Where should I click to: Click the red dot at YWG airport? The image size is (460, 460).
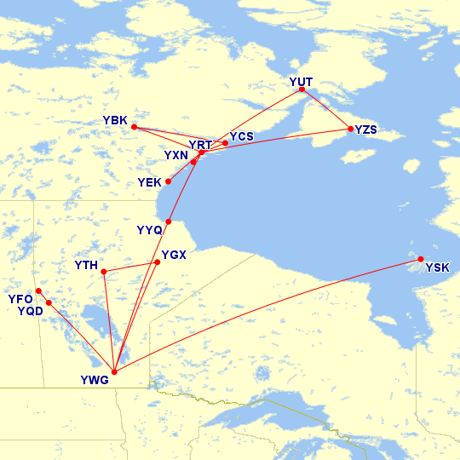coord(114,371)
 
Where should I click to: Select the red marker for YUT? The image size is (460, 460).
coord(302,89)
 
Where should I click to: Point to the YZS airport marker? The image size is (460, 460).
coord(350,129)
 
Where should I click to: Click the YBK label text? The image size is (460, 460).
coord(114,121)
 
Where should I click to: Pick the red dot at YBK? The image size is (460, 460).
coord(134,127)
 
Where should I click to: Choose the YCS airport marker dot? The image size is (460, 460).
coord(225,143)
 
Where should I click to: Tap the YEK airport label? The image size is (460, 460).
coord(149,183)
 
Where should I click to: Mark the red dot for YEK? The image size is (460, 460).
coord(168,181)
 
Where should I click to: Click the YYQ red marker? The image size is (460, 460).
coord(168,222)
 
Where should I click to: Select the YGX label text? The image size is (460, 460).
coord(174,254)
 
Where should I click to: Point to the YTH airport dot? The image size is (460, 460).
coord(103,272)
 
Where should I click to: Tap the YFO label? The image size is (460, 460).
coord(20,299)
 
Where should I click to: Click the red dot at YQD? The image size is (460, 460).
coord(49,302)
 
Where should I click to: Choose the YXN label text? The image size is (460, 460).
coord(176,156)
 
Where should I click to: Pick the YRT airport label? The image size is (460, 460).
coord(200,145)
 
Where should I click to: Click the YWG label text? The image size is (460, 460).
coord(95,381)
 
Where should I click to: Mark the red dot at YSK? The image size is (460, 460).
coord(421,259)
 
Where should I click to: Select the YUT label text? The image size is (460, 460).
coord(302,82)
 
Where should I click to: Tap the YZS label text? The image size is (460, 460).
coord(366,129)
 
